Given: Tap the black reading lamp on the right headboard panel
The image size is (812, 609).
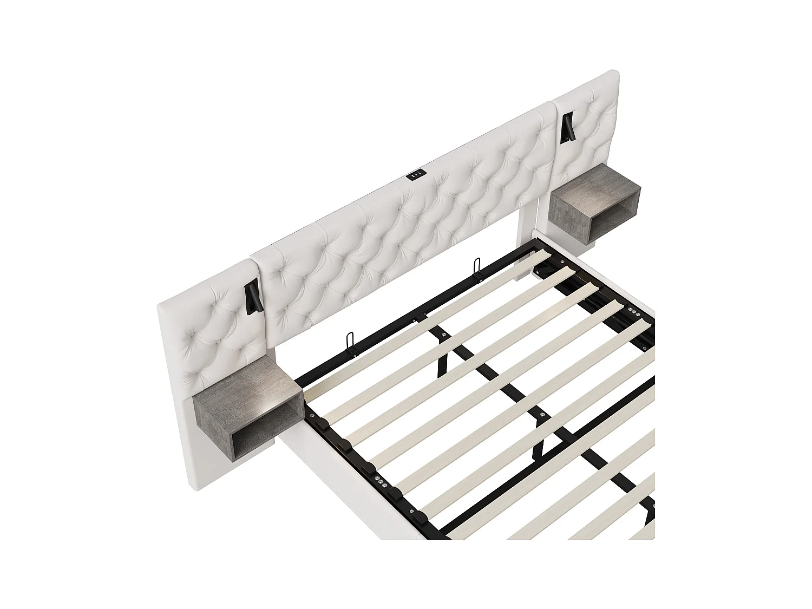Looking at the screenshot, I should pyautogui.click(x=568, y=128).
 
